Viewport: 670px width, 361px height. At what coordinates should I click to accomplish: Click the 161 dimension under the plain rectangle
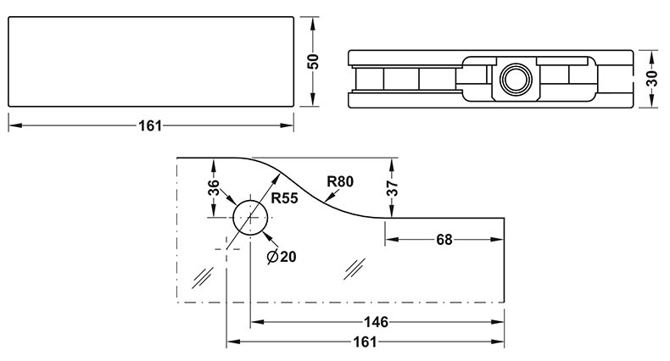point(149,125)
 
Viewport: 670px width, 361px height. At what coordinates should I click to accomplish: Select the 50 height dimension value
point(313,61)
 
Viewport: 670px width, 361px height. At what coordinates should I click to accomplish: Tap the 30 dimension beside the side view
point(652,78)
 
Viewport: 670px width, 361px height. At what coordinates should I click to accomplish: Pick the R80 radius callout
point(339,180)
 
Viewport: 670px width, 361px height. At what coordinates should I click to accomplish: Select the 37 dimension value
point(392,188)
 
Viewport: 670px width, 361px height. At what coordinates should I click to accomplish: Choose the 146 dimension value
point(375,322)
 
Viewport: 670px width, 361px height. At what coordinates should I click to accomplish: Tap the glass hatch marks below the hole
point(204,275)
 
